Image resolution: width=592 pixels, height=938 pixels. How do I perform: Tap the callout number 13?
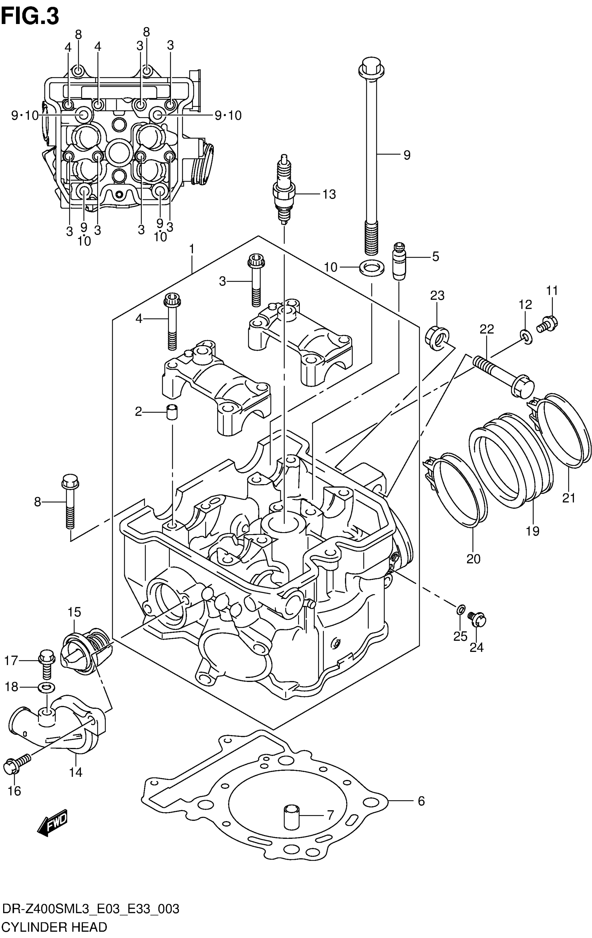click(329, 194)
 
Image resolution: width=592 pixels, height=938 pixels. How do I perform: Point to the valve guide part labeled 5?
click(399, 261)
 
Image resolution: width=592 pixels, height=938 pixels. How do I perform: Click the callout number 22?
click(487, 329)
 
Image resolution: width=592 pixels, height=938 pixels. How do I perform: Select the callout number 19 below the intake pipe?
click(532, 530)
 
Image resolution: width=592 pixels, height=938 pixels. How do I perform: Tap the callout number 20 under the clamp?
click(474, 559)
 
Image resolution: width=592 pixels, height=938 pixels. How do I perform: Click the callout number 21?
click(569, 498)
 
